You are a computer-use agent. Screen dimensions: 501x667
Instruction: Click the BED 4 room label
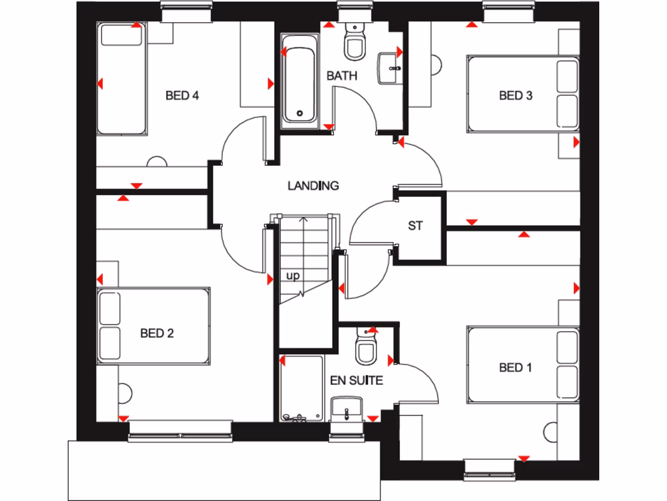click(182, 96)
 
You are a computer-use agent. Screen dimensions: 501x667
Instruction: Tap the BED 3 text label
click(515, 96)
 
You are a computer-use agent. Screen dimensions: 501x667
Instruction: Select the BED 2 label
click(157, 333)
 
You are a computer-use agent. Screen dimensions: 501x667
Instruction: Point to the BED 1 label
click(515, 368)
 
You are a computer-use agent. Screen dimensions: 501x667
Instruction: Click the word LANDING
click(313, 186)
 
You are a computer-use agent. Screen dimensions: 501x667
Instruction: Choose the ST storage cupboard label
click(416, 226)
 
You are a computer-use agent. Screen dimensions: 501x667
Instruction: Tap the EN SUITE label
click(356, 380)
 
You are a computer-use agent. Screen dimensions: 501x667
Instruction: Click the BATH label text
click(342, 76)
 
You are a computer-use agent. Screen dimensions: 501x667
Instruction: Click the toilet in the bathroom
click(355, 43)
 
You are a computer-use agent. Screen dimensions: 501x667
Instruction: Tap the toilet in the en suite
click(366, 347)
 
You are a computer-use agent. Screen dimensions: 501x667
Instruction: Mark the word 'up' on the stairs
click(293, 276)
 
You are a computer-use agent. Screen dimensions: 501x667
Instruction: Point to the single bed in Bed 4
click(121, 80)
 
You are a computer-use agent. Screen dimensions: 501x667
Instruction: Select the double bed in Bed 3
click(523, 94)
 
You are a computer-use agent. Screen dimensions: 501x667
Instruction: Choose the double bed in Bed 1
click(523, 365)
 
